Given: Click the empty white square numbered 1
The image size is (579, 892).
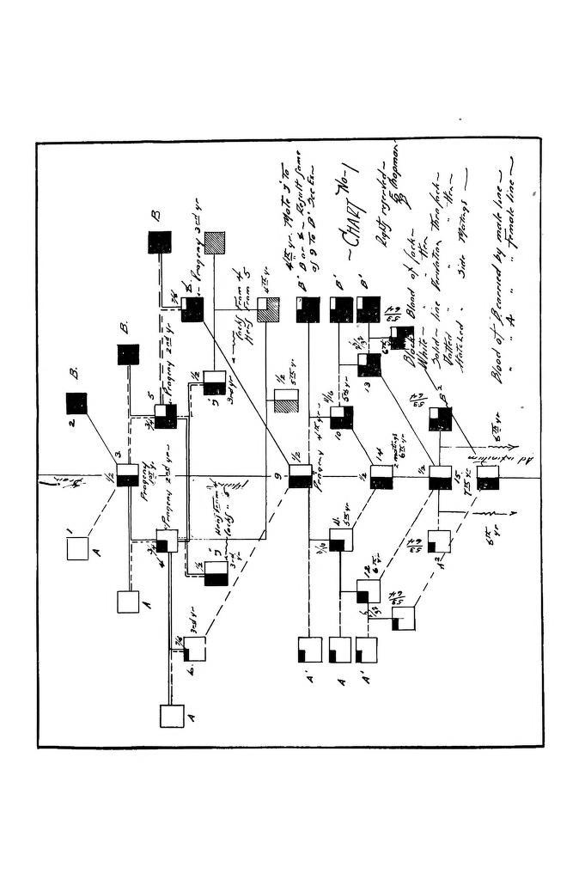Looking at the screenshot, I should pos(78,548).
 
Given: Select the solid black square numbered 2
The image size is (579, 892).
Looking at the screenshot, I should pos(76,403).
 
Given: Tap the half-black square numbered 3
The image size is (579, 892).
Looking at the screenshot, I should pos(128,475).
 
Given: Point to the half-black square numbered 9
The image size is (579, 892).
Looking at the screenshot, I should pos(301,475).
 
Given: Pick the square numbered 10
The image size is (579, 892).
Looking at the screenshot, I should pos(341,418).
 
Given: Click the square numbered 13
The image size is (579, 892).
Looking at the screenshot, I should pos(369,364).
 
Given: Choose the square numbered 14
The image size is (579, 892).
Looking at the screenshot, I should pos(381,476).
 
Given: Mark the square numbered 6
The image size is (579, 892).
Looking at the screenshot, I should pos(195,649).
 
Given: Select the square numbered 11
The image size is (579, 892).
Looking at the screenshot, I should pos(341,540).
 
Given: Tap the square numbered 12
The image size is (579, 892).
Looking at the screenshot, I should pos(369,592).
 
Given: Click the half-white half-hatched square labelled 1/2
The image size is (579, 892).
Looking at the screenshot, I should pos(285,401).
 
